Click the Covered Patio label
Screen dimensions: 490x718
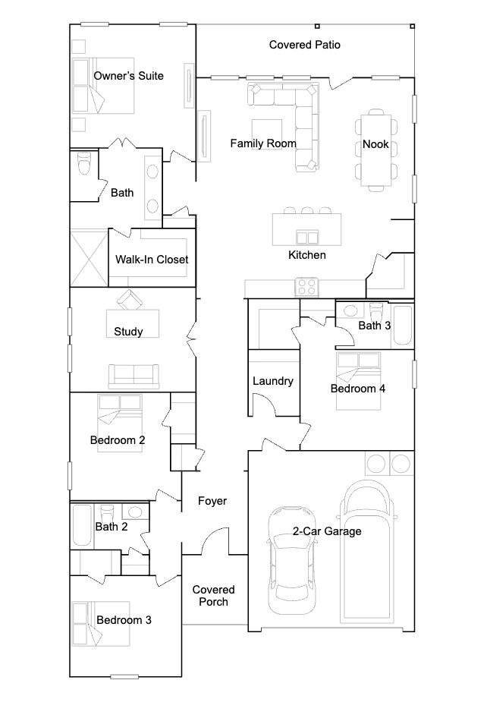pyautogui.click(x=305, y=45)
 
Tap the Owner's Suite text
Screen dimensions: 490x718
pyautogui.click(x=128, y=76)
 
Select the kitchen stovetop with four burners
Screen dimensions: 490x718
pyautogui.click(x=306, y=287)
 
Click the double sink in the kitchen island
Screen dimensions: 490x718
pyautogui.click(x=307, y=238)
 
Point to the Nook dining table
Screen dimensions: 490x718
pyautogui.click(x=376, y=150)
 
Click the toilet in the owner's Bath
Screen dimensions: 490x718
pyautogui.click(x=85, y=163)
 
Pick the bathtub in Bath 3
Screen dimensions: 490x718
pyautogui.click(x=403, y=325)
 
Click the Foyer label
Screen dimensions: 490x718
pyautogui.click(x=212, y=501)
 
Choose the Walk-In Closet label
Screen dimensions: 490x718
pyautogui.click(x=152, y=260)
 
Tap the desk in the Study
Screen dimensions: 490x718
pyautogui.click(x=133, y=323)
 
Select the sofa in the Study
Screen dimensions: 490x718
pyautogui.click(x=133, y=376)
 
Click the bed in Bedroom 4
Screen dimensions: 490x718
pyautogui.click(x=358, y=380)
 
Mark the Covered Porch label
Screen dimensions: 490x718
pyautogui.click(x=213, y=596)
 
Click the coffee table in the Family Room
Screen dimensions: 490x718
pyautogui.click(x=267, y=134)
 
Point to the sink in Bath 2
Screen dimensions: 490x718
pyautogui.click(x=134, y=511)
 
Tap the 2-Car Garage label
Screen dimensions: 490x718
pyautogui.click(x=327, y=531)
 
